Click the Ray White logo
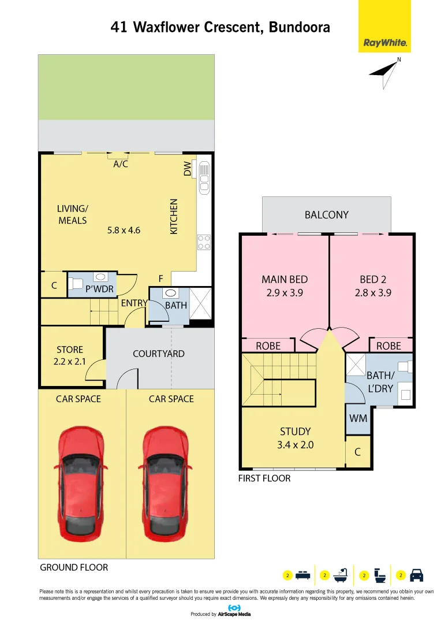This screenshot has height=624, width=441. pos(384,26)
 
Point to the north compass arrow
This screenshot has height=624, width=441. pos(384,73)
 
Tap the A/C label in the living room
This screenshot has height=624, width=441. pos(121,164)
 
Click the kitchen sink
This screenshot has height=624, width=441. pos(204,177)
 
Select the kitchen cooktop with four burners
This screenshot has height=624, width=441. pos(204,242)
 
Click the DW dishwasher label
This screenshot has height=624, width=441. pos(187,168)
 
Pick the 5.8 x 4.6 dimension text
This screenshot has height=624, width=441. pos(124,230)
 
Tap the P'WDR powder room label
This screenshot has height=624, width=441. pos(99,289)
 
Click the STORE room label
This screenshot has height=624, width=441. pos(70,350)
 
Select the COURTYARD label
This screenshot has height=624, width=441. pos(159,354)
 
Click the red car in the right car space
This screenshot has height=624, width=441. pos(165,483)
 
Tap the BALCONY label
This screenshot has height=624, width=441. pos(327,215)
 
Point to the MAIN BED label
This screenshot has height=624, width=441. pos(285,280)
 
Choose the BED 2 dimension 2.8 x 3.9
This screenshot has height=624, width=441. pos(373,293)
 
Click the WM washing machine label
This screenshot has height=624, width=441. pos(358,418)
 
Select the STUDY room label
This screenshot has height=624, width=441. pos(295,432)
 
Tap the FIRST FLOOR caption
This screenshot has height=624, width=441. pos(264,478)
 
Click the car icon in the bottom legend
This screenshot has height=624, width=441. pos(416,575)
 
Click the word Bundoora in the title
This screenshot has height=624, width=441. pos(300,27)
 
